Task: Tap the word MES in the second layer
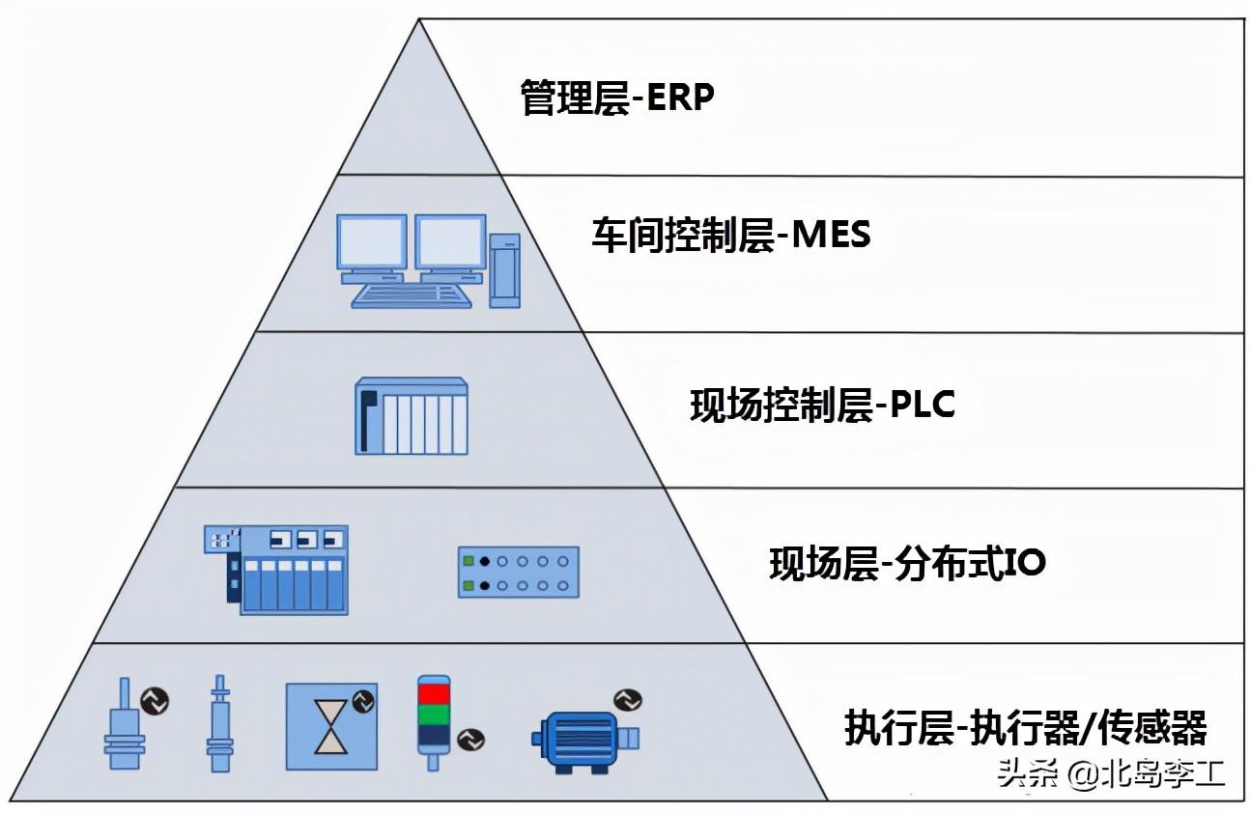pyautogui.click(x=831, y=235)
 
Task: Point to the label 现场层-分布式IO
pyautogui.click(x=907, y=563)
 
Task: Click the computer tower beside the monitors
pyautogui.click(x=504, y=270)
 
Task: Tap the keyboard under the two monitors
pyautogui.click(x=412, y=292)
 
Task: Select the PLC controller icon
pyautogui.click(x=412, y=416)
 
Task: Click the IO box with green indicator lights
pyautogui.click(x=518, y=572)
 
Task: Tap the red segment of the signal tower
pyautogui.click(x=433, y=693)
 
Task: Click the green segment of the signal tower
pyautogui.click(x=433, y=715)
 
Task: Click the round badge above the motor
pyautogui.click(x=627, y=699)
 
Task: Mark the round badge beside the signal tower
pyautogui.click(x=470, y=740)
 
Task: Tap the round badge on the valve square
pyautogui.click(x=364, y=700)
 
